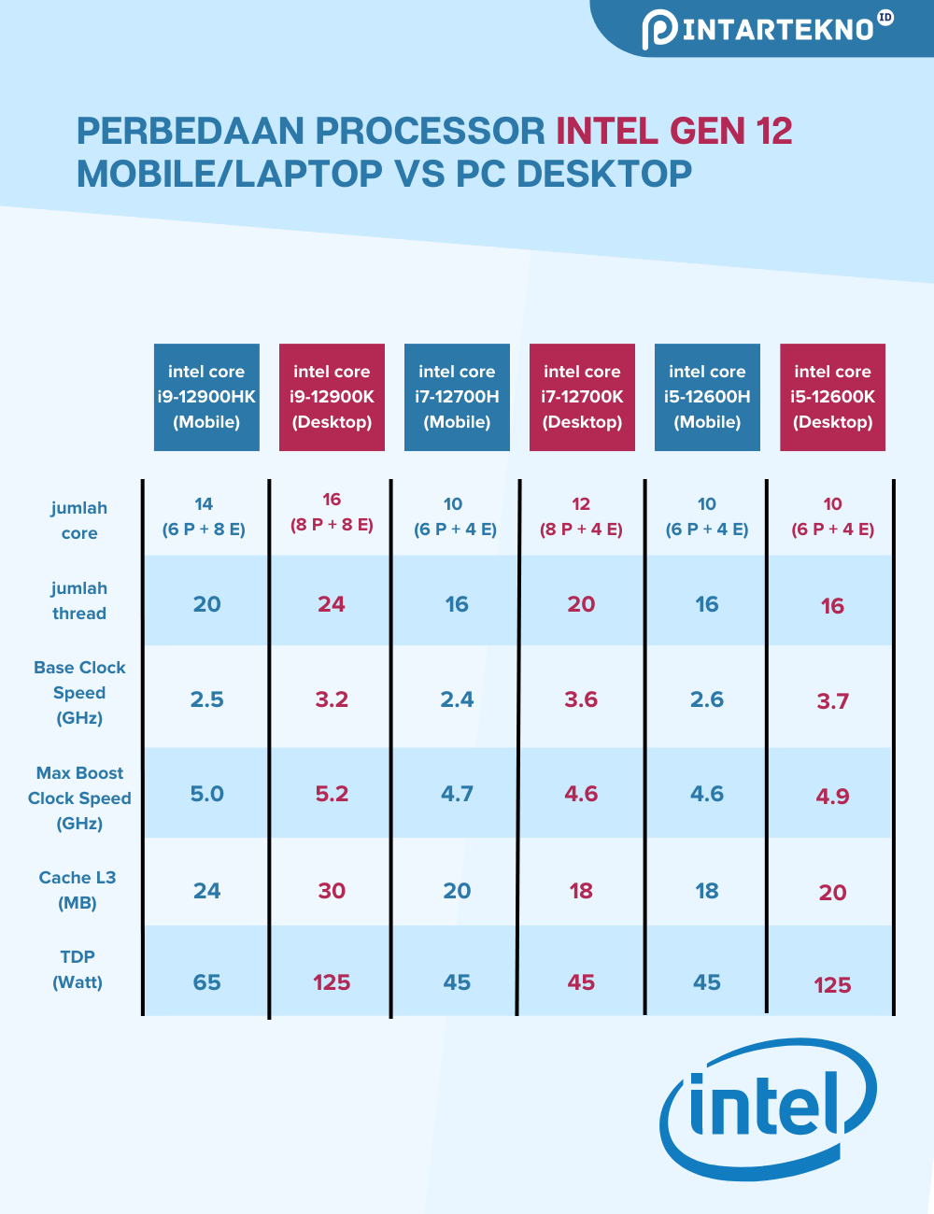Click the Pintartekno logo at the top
[766, 29]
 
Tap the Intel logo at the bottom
[768, 1108]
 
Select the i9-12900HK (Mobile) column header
[206, 397]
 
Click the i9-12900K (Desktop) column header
[332, 397]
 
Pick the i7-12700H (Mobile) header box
[457, 397]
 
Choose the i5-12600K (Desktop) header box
[832, 397]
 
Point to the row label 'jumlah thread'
[79, 600]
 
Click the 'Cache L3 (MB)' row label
[78, 890]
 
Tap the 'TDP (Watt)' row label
[78, 969]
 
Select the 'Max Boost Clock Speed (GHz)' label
[79, 798]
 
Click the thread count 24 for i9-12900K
[332, 604]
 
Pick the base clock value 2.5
[206, 699]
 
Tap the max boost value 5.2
[332, 794]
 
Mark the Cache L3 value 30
[332, 891]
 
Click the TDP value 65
[206, 982]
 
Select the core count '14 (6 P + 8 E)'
[204, 516]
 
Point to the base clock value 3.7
[832, 701]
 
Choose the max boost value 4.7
[457, 794]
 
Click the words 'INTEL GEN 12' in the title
[674, 132]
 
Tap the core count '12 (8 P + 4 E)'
[581, 516]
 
